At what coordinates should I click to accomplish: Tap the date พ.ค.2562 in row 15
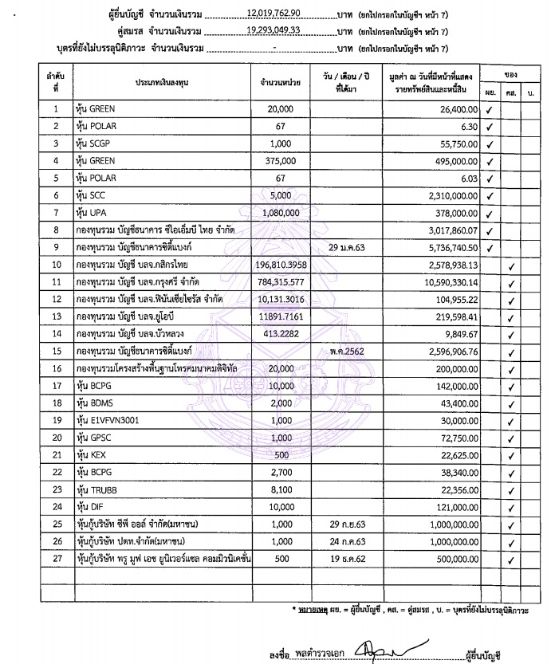[352, 352]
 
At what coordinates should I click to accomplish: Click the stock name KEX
[92, 456]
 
